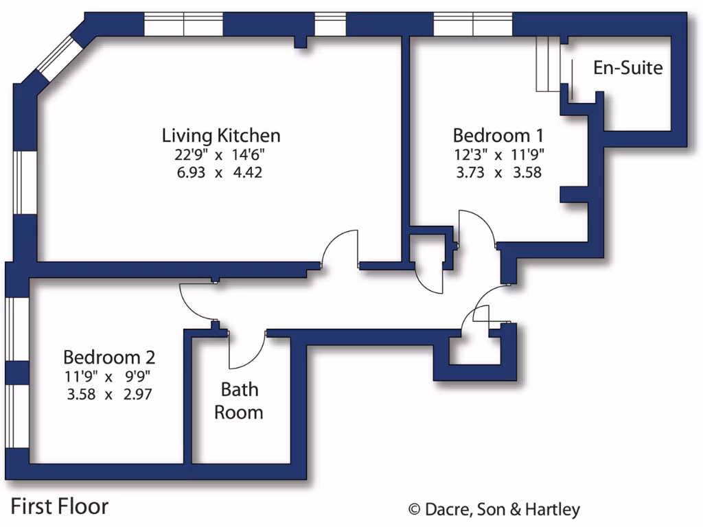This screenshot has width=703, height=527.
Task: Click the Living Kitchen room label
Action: pos(220,134)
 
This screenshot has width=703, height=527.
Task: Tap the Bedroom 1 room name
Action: pos(498,134)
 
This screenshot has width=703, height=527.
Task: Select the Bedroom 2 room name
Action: pos(109,358)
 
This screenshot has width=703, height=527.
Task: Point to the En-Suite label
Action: pos(627,68)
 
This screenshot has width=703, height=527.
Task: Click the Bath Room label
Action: pos(239,401)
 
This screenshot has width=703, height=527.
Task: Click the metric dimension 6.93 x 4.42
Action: pos(220,172)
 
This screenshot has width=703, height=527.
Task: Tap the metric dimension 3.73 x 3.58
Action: pos(498,172)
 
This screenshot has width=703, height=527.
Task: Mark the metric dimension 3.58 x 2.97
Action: pos(107,395)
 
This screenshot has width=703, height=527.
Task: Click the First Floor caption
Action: pos(60,506)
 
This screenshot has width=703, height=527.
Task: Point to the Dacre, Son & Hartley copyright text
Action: pos(494,509)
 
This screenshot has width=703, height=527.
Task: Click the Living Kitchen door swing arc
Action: pos(341,246)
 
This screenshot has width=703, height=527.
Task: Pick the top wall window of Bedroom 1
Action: pos(473,25)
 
